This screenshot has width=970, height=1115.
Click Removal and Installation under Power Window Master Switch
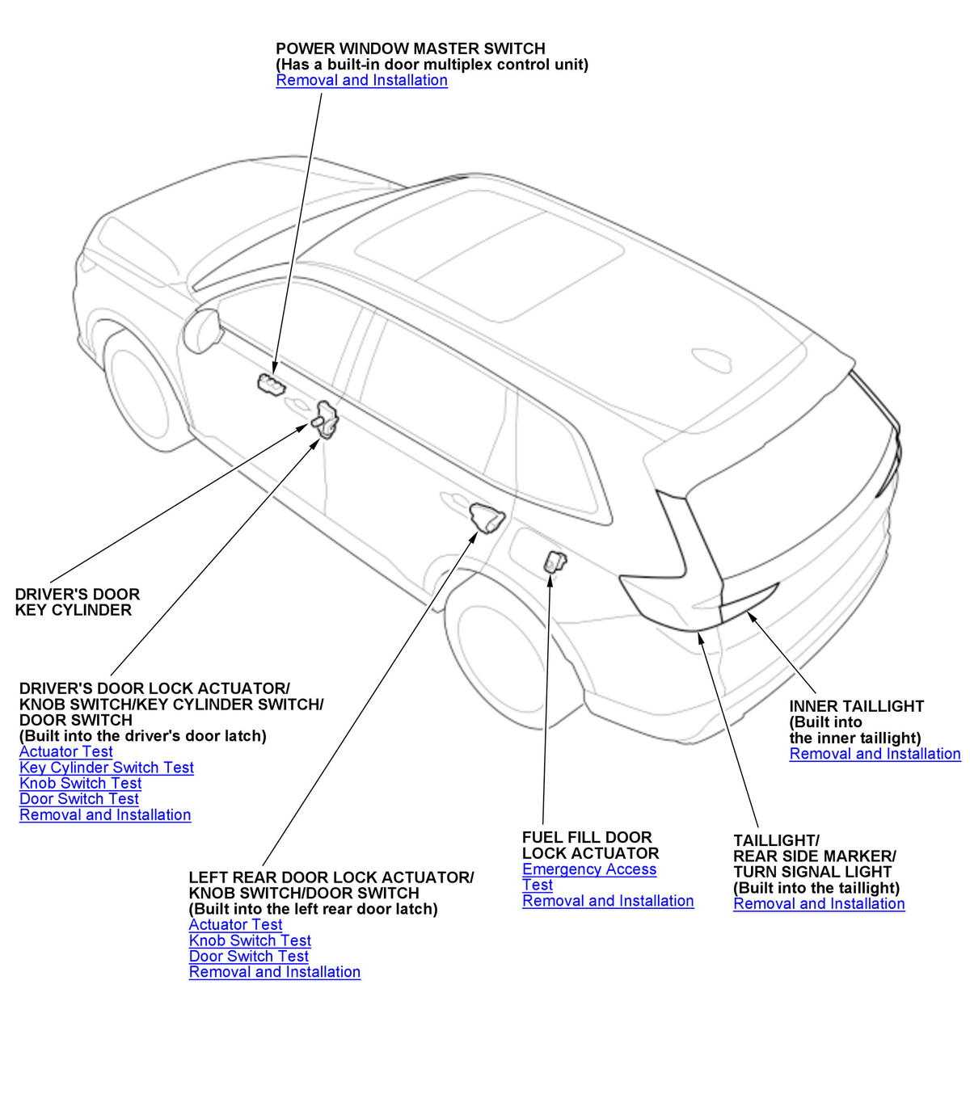(x=361, y=80)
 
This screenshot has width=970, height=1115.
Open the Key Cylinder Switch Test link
(x=107, y=768)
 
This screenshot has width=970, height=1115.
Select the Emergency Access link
(x=589, y=869)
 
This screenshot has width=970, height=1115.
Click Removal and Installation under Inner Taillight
(x=875, y=754)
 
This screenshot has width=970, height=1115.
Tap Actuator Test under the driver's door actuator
(x=66, y=751)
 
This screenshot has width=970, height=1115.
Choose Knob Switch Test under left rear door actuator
(x=250, y=940)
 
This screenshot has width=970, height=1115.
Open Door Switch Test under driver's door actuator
(x=79, y=799)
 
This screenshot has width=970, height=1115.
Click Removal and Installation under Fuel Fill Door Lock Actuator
(x=608, y=901)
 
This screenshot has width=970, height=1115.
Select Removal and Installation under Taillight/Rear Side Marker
(x=819, y=904)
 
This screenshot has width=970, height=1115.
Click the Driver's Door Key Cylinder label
(x=77, y=602)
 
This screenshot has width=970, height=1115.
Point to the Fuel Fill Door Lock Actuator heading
(x=590, y=845)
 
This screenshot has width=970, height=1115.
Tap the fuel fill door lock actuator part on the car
(x=555, y=560)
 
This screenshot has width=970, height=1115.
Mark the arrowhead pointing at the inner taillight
(x=751, y=617)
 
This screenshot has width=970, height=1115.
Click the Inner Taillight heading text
(x=856, y=706)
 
